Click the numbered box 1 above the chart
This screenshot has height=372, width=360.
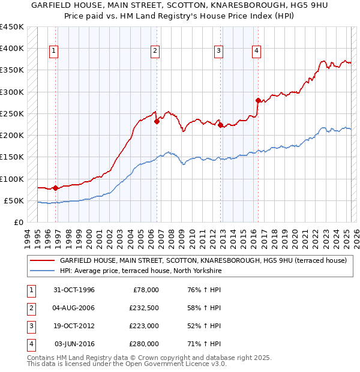54,52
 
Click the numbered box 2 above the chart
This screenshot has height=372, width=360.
155,52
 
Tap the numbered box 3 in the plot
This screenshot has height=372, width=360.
219,52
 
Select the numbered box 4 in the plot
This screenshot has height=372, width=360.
256,52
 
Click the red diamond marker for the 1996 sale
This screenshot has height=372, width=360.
56,188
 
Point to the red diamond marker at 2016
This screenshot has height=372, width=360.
258,100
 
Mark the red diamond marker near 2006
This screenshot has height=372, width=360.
157,121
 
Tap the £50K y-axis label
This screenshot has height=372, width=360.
14,200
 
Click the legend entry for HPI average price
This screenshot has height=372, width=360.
140,271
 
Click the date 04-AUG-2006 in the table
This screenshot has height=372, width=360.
74,308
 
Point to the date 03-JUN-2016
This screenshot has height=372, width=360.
74,344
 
